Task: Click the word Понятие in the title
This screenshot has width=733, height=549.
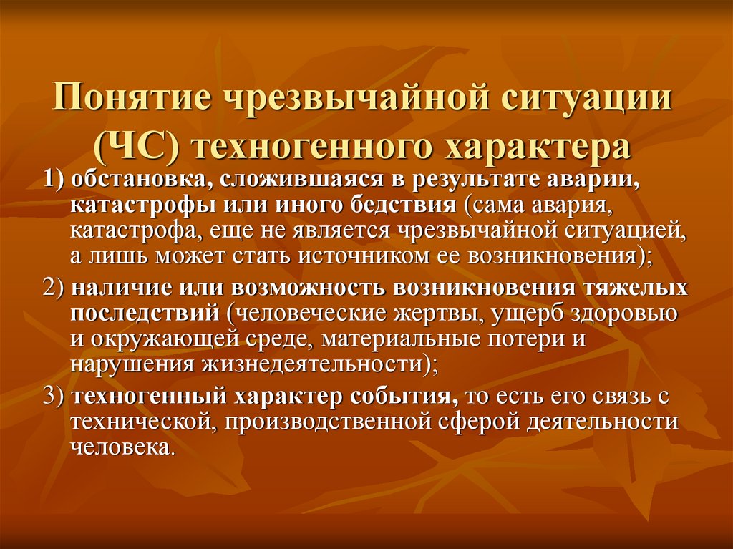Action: pos(132,97)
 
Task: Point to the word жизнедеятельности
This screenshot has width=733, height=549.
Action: pos(312,364)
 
